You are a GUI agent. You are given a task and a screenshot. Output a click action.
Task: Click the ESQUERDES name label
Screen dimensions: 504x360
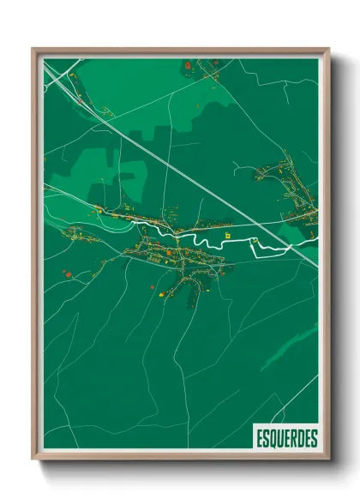pos(285,437)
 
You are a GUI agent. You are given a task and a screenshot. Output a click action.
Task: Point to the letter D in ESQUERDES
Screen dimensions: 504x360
pos(299,437)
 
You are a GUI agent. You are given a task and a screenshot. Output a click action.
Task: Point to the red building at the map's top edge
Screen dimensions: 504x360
pos(188,64)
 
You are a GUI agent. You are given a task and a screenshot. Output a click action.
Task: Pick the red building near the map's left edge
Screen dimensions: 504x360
pos(67,274)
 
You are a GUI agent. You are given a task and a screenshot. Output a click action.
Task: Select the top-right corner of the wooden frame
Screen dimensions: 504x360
pos(328,49)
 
